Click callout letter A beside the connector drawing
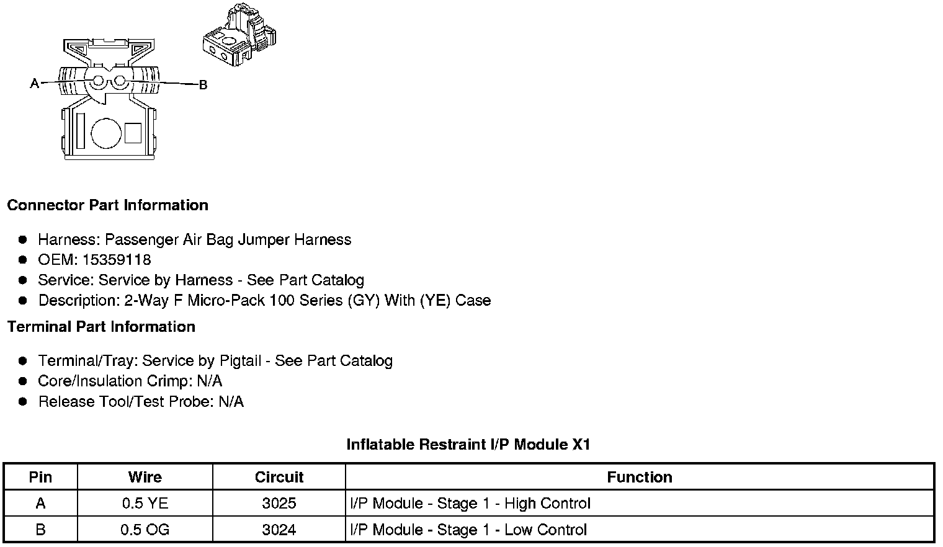(x=35, y=83)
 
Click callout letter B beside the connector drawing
(x=202, y=85)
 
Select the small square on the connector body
(x=133, y=133)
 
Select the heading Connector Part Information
(x=108, y=205)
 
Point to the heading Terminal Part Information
(x=101, y=327)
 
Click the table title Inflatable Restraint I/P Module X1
(x=468, y=445)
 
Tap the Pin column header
(x=40, y=477)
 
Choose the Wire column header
(x=145, y=477)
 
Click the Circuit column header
(x=279, y=477)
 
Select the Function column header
(x=640, y=477)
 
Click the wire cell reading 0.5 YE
(x=145, y=504)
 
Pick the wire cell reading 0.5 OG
(x=145, y=530)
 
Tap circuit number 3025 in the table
(x=279, y=504)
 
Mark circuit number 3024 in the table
(x=279, y=530)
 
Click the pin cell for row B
(x=40, y=530)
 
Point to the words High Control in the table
(x=547, y=504)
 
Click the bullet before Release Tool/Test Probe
(x=23, y=402)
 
